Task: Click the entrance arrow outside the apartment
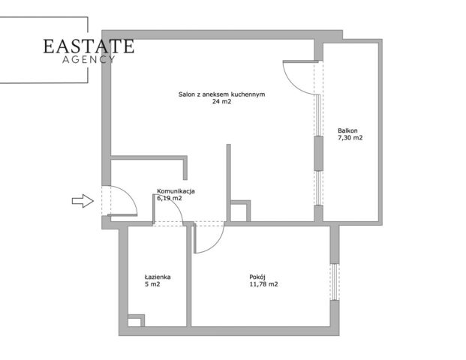tap(83, 201)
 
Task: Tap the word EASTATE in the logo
tap(89, 46)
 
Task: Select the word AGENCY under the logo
tap(89, 60)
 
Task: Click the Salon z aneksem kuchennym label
tap(221, 94)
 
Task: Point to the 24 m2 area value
tap(221, 101)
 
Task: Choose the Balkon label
tap(347, 130)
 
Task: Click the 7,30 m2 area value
tap(350, 138)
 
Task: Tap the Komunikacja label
tap(176, 191)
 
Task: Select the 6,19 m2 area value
tap(169, 198)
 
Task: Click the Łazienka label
tap(158, 277)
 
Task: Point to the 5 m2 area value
tap(152, 284)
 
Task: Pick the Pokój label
tap(257, 277)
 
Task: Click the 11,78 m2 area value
tap(264, 284)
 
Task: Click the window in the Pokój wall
tap(335, 281)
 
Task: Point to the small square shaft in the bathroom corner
tap(136, 321)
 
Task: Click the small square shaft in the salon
tap(240, 211)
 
